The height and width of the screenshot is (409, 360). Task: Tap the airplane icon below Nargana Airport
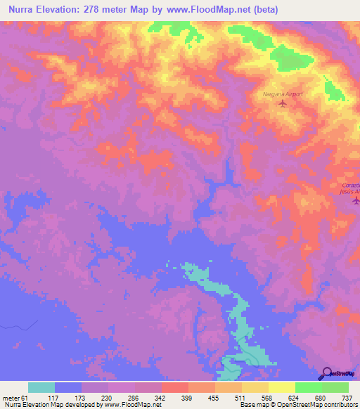tap(283, 104)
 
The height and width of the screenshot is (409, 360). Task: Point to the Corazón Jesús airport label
tap(347, 187)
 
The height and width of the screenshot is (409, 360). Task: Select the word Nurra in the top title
tap(23, 10)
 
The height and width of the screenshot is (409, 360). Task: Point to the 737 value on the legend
tap(347, 397)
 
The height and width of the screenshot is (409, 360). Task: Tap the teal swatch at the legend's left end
tap(41, 387)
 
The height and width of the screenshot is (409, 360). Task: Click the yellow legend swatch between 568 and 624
tap(281, 387)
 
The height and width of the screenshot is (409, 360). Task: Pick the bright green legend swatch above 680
tap(308, 387)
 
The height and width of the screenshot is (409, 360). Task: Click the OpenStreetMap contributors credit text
tap(312, 405)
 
